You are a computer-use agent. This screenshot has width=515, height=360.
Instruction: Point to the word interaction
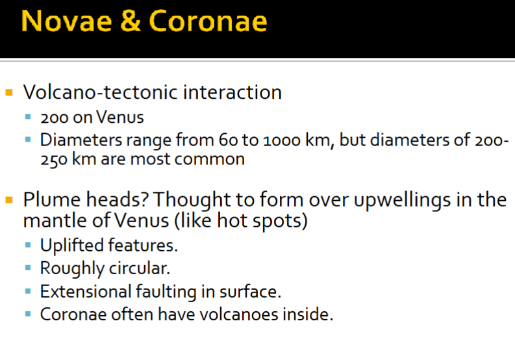coord(231,92)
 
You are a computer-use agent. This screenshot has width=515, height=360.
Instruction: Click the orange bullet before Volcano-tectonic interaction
coord(9,92)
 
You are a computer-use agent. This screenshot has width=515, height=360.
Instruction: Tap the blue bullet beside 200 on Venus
coord(28,118)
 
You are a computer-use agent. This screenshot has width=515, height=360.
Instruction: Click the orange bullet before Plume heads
coord(9,199)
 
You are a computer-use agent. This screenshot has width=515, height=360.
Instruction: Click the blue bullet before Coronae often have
coord(28,313)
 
